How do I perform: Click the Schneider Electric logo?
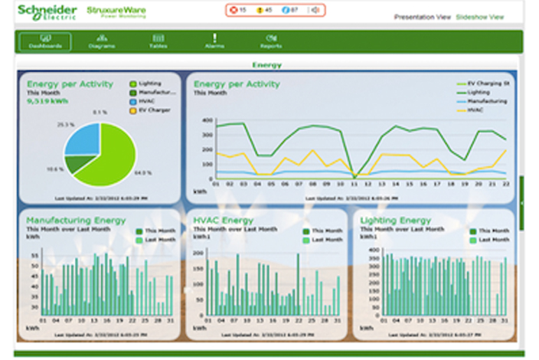click(x=47, y=13)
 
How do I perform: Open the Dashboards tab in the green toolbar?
click(x=45, y=41)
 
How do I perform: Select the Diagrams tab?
click(x=101, y=41)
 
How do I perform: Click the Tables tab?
click(x=158, y=41)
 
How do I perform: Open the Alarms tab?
click(x=214, y=41)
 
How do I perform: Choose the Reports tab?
click(x=270, y=41)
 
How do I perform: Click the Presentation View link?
click(x=422, y=16)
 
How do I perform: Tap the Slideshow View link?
click(x=480, y=16)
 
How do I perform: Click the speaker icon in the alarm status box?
click(x=314, y=11)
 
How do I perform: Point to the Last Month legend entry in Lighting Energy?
click(x=493, y=240)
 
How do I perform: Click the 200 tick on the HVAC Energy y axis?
click(x=198, y=251)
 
